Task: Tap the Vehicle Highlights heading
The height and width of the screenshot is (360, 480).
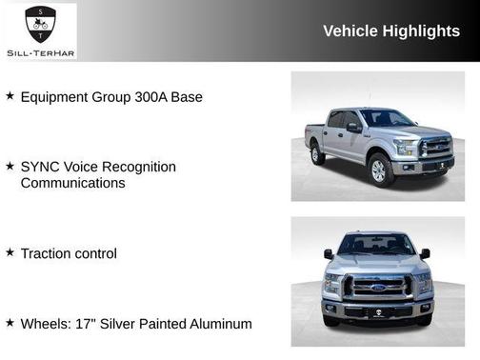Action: pos(391,30)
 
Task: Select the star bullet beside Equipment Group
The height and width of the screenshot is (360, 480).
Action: pos(10,96)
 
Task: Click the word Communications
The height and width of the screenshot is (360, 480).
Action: pos(72,182)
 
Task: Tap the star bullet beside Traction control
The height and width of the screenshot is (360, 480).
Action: pos(10,252)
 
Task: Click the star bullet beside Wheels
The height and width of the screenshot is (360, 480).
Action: pos(10,323)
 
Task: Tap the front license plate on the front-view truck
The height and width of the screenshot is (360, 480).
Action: pos(378,311)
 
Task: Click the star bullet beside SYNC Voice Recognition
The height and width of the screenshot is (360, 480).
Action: pos(10,167)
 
